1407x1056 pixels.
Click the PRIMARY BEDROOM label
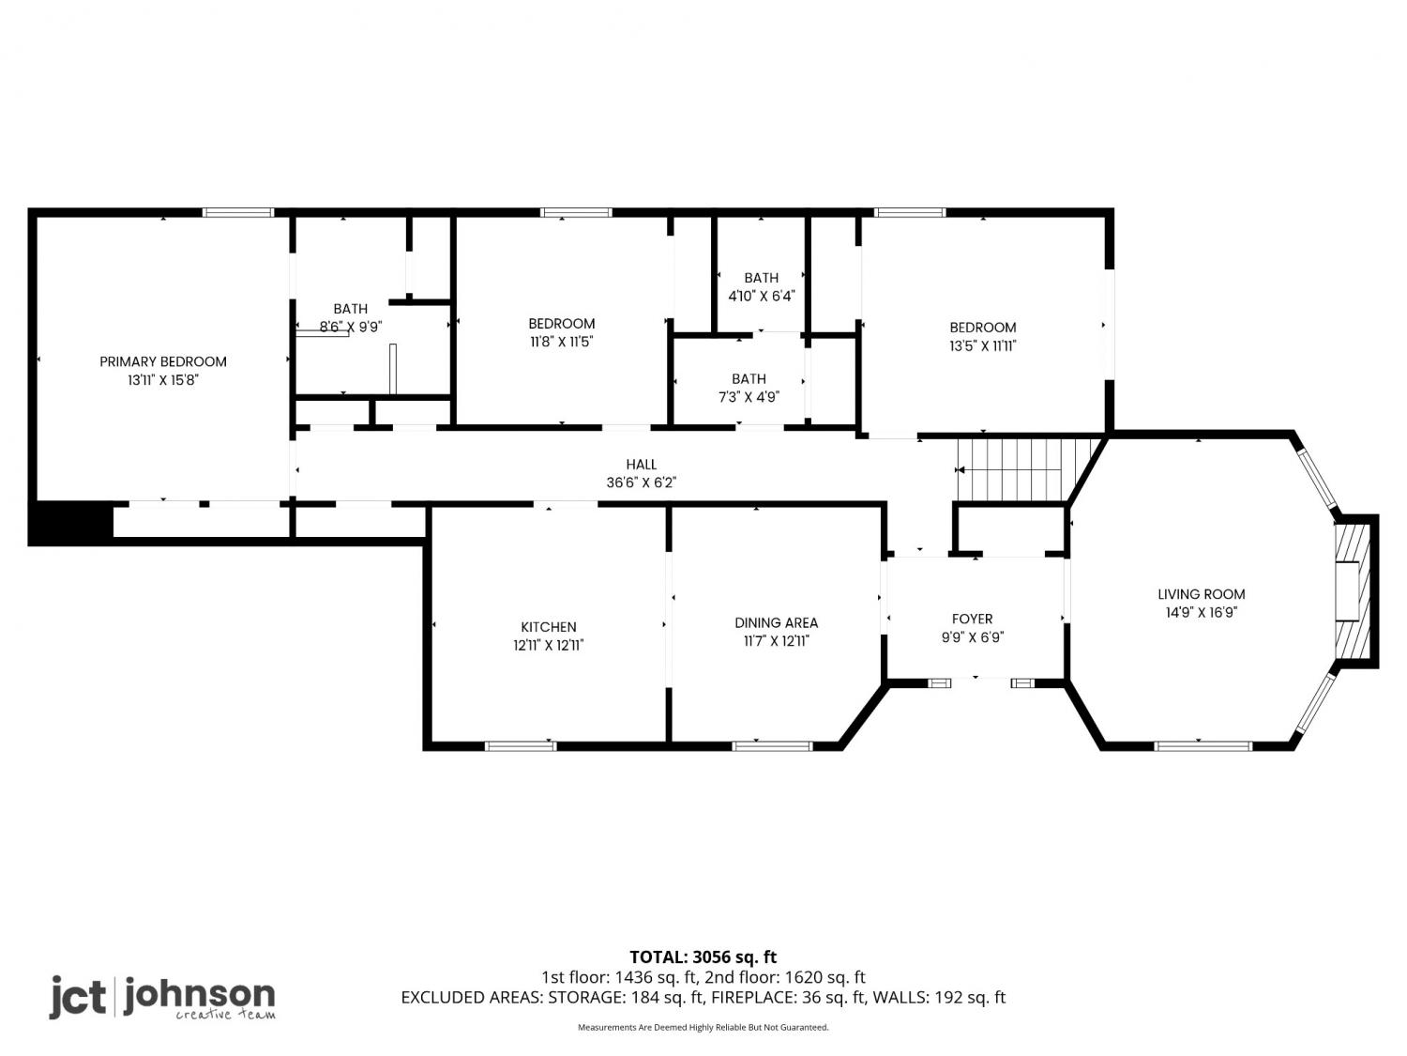(163, 361)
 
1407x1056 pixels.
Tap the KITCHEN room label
(549, 627)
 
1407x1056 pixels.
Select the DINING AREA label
(777, 622)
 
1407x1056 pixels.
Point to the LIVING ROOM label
(1202, 594)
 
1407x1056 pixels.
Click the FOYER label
(973, 619)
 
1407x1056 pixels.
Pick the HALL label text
(642, 465)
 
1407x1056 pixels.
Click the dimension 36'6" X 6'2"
(642, 482)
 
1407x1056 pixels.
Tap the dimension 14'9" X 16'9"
(1202, 612)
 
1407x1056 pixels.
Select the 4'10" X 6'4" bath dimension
(762, 297)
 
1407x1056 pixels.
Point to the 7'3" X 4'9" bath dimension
(749, 397)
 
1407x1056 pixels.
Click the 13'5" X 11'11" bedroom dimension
(983, 346)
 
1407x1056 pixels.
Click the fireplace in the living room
(1354, 591)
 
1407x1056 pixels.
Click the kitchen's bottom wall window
(521, 745)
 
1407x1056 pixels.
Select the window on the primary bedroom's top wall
(238, 213)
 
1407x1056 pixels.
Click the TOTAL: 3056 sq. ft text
(703, 957)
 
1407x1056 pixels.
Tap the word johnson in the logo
(200, 995)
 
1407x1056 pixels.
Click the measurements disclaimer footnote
(703, 1027)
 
